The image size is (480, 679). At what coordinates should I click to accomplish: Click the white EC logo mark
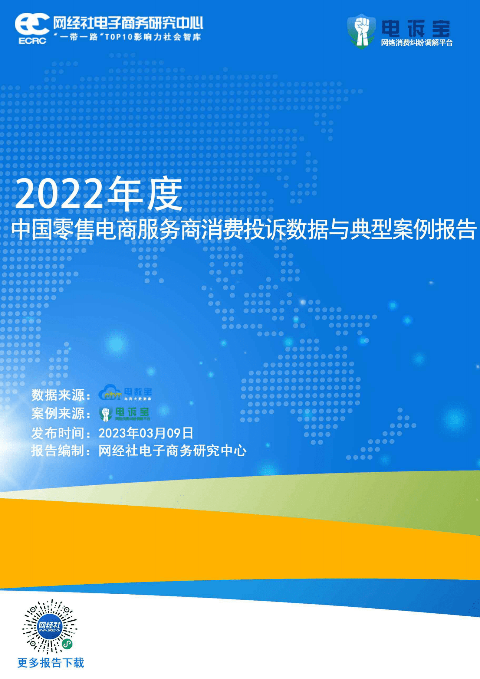[32, 24]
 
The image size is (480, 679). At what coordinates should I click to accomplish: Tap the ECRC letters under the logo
[32, 41]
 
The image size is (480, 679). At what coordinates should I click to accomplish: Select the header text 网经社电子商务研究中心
[128, 23]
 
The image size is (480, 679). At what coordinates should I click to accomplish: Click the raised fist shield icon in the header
[361, 31]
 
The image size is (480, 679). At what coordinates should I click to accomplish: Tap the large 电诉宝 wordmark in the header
[415, 28]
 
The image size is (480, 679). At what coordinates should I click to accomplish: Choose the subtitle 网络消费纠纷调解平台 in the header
[416, 43]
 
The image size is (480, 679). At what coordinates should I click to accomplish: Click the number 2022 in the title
[58, 194]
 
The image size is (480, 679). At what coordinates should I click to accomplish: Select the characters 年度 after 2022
[145, 194]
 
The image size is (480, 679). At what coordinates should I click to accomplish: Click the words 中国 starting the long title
[31, 230]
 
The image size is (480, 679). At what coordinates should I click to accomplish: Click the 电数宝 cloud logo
[125, 393]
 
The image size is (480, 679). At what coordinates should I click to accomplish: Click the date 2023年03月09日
[146, 433]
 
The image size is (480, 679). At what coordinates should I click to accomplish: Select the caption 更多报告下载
[51, 663]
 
